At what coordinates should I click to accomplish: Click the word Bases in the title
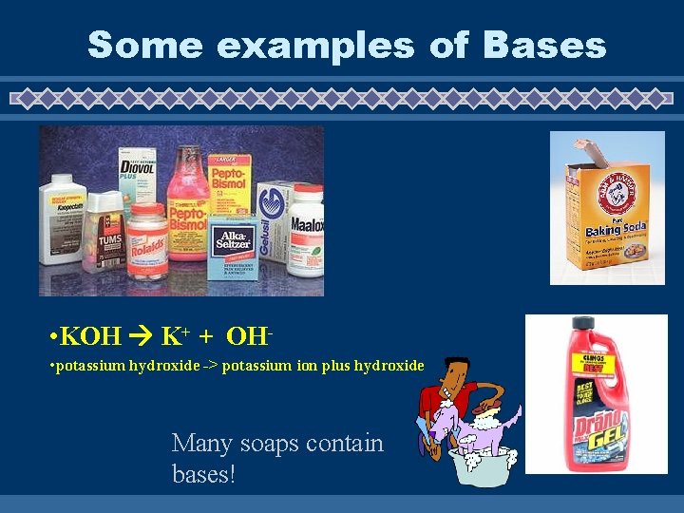point(544,45)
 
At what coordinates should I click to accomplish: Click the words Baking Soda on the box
point(602,230)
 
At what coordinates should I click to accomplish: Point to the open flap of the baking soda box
point(587,151)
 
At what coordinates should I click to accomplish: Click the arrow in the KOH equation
point(142,335)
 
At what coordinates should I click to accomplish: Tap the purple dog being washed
point(475,427)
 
